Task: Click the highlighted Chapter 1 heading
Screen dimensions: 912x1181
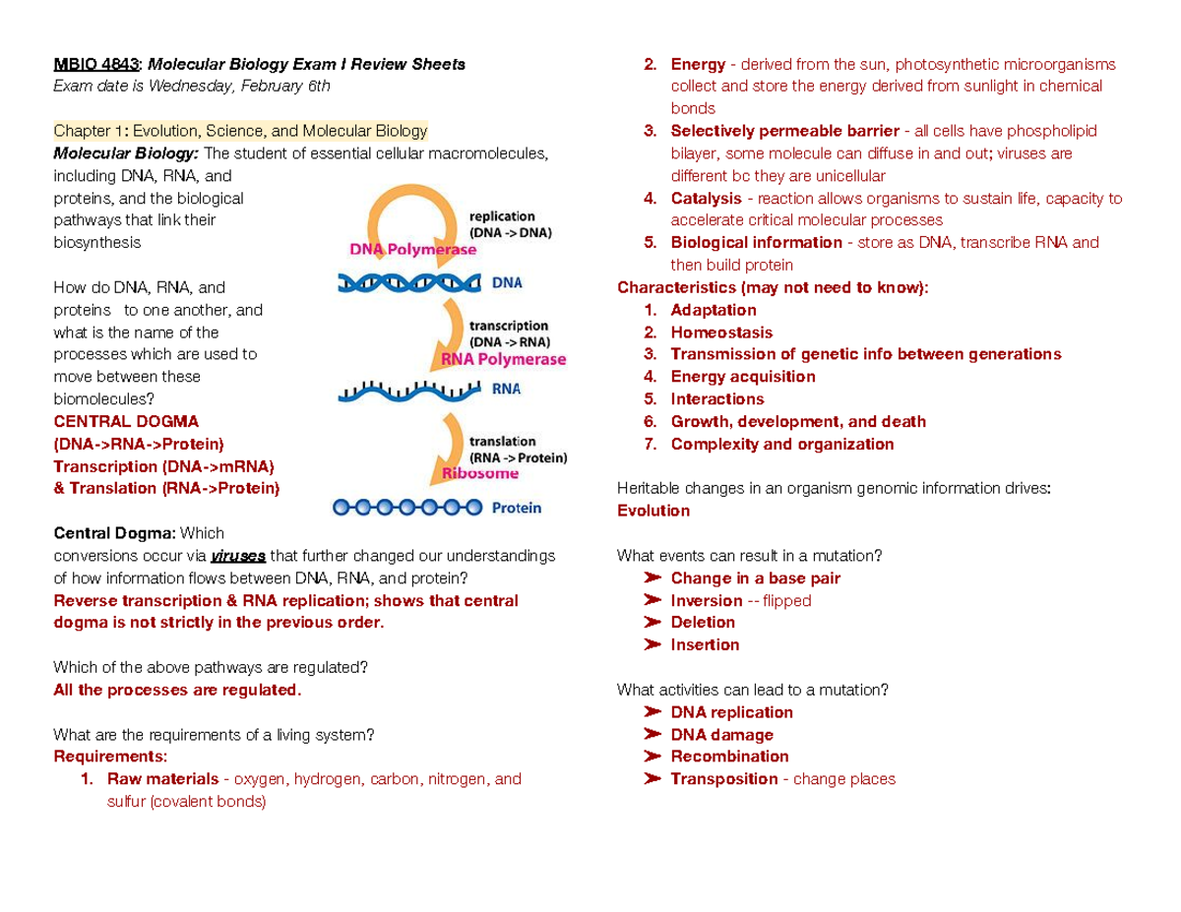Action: click(x=240, y=131)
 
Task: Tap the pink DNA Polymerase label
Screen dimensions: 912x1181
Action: click(x=414, y=250)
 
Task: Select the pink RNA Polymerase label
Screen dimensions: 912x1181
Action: click(x=504, y=359)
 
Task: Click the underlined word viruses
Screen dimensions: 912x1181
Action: click(x=238, y=556)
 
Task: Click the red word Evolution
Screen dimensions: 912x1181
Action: click(x=653, y=511)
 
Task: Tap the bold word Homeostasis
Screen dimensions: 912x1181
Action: click(x=721, y=333)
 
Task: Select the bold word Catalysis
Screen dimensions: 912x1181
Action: click(x=706, y=199)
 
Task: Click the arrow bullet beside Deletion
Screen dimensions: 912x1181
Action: click(x=652, y=623)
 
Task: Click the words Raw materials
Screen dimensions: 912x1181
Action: click(x=162, y=779)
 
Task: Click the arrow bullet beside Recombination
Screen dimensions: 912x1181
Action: click(x=652, y=757)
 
